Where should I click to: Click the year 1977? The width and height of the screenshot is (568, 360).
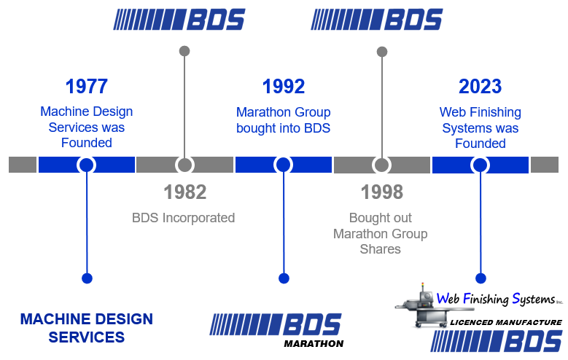pos(86,86)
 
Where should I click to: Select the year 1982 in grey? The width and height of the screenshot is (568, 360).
pos(184,192)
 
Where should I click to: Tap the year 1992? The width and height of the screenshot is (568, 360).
pos(283,86)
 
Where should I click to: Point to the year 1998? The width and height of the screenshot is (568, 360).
pos(381,192)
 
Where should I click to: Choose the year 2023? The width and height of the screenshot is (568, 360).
pos(480,86)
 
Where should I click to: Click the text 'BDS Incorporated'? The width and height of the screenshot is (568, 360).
pos(184,217)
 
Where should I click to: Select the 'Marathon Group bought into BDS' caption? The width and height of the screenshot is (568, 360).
pos(283,120)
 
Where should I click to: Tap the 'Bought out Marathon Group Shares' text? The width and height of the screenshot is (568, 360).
pos(381,233)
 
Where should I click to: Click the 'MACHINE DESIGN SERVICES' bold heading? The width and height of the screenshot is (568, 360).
pos(86,328)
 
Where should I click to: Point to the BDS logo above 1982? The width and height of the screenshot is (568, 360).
pos(179,20)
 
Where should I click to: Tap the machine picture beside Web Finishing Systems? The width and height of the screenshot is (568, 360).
pos(415,305)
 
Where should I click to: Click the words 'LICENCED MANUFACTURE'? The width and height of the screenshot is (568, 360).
pos(505,321)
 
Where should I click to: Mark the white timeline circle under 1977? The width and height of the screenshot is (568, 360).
pos(86,165)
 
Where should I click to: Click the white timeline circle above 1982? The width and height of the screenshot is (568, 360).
pos(184,165)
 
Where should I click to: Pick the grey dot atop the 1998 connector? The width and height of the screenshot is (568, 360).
pos(381,52)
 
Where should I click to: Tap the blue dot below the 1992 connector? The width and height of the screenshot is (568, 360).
pos(284,278)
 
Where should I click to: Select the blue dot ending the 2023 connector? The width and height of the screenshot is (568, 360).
pos(480,278)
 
